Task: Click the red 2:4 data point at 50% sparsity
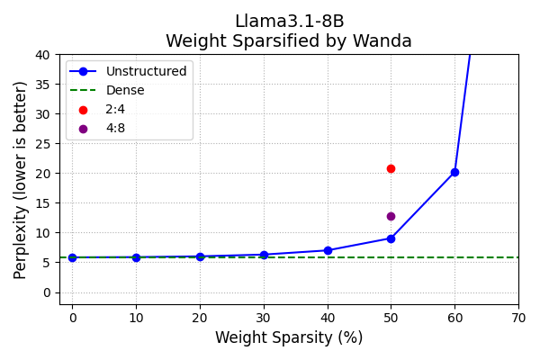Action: [x=391, y=168]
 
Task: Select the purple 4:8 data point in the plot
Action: [x=391, y=216]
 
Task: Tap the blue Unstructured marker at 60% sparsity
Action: [x=454, y=172]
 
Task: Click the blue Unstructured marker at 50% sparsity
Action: [x=391, y=238]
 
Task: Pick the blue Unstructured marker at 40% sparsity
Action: [x=328, y=250]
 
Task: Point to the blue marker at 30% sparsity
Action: [x=264, y=255]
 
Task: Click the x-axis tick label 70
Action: [x=518, y=317]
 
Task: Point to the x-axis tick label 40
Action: [x=328, y=317]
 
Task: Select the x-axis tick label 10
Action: [x=136, y=317]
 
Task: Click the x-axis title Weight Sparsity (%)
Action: [x=289, y=338]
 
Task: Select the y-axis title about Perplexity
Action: [x=21, y=180]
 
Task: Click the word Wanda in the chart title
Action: [x=382, y=41]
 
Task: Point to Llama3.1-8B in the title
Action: [x=289, y=22]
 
